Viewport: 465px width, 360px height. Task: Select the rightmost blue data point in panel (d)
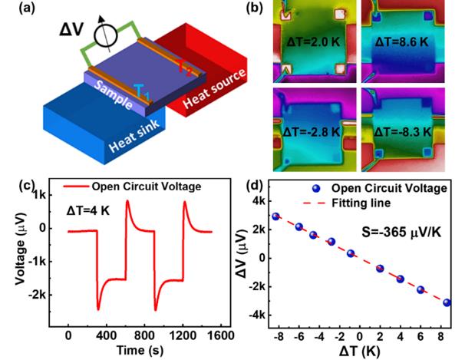click(447, 302)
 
